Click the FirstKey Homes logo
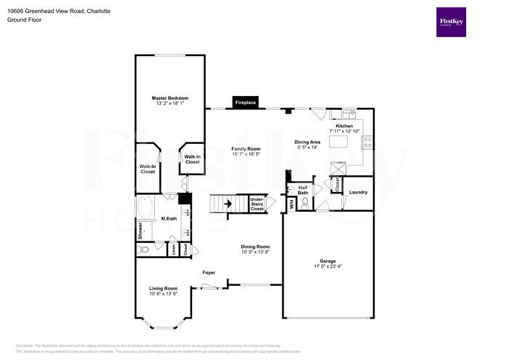click(x=452, y=23)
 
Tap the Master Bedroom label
click(x=170, y=98)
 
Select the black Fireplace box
click(x=246, y=103)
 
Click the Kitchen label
click(x=344, y=126)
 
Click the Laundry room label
click(x=358, y=192)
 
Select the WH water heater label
click(x=292, y=204)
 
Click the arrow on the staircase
click(x=227, y=204)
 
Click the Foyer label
click(x=209, y=272)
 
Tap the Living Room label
click(x=164, y=288)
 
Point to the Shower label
click(x=140, y=231)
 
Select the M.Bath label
click(x=169, y=218)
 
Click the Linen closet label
click(x=175, y=249)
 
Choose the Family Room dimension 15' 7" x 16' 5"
click(x=246, y=154)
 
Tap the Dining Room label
click(x=255, y=247)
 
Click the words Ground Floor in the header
click(x=24, y=20)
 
